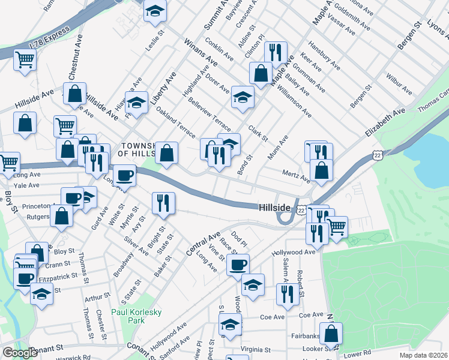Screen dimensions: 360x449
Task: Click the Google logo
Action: (x=20, y=353)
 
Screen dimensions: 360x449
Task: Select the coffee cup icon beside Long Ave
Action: (x=124, y=176)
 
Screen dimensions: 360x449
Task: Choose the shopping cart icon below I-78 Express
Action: (x=25, y=59)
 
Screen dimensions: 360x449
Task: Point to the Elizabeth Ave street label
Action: (x=387, y=124)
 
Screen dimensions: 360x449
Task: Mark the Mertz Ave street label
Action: (x=297, y=176)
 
